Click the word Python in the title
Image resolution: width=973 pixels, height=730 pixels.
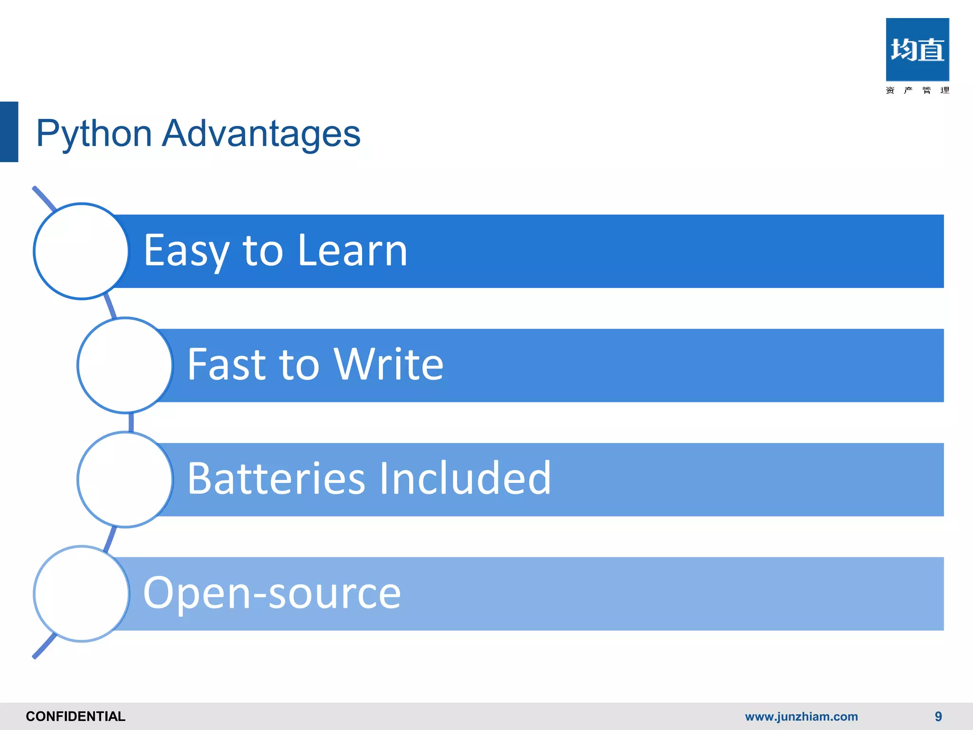click(94, 134)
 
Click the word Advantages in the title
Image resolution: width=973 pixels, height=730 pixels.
click(261, 134)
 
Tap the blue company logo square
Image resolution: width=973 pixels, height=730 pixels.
click(917, 49)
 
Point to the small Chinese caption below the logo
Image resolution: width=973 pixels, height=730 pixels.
click(917, 90)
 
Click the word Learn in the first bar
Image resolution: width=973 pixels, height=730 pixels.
click(353, 251)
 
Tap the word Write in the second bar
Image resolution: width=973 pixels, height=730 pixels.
click(389, 365)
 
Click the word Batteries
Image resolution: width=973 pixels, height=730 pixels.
click(276, 479)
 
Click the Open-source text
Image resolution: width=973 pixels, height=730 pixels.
click(272, 593)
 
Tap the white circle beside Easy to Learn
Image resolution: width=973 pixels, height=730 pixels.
click(82, 251)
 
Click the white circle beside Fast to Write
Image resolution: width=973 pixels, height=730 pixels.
click(125, 365)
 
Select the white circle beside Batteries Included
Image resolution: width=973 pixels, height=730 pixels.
click(125, 479)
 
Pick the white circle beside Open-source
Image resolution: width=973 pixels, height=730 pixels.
click(82, 594)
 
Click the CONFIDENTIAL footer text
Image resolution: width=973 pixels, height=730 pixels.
click(76, 716)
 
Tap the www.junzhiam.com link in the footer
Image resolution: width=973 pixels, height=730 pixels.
click(801, 716)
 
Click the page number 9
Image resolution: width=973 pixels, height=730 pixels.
click(938, 716)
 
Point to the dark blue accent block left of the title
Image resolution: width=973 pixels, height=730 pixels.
click(9, 132)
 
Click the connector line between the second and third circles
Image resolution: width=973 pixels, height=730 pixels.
click(131, 422)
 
